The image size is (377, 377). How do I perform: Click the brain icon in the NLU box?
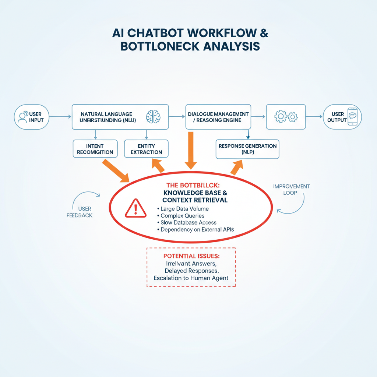[x=153, y=116]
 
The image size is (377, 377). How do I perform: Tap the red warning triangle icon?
[x=135, y=208]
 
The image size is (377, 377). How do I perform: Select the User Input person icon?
[x=22, y=117]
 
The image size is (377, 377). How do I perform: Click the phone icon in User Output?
[x=352, y=117]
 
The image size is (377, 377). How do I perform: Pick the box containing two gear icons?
[x=286, y=117]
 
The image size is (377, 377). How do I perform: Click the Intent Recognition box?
[x=95, y=149]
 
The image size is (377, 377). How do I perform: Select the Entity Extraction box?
[x=146, y=149]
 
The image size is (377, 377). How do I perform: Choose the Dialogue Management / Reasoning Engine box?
[x=218, y=117]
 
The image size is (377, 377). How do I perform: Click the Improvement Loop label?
[x=292, y=189]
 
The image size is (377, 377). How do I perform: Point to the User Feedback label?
[x=80, y=212]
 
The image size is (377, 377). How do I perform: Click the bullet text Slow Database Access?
[x=188, y=222]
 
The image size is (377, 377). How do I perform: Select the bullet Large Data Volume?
[x=182, y=209]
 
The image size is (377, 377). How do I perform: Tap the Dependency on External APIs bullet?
[x=197, y=229]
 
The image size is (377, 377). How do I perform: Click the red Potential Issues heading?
[x=191, y=256]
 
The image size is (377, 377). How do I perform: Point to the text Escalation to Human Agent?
[x=191, y=278]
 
